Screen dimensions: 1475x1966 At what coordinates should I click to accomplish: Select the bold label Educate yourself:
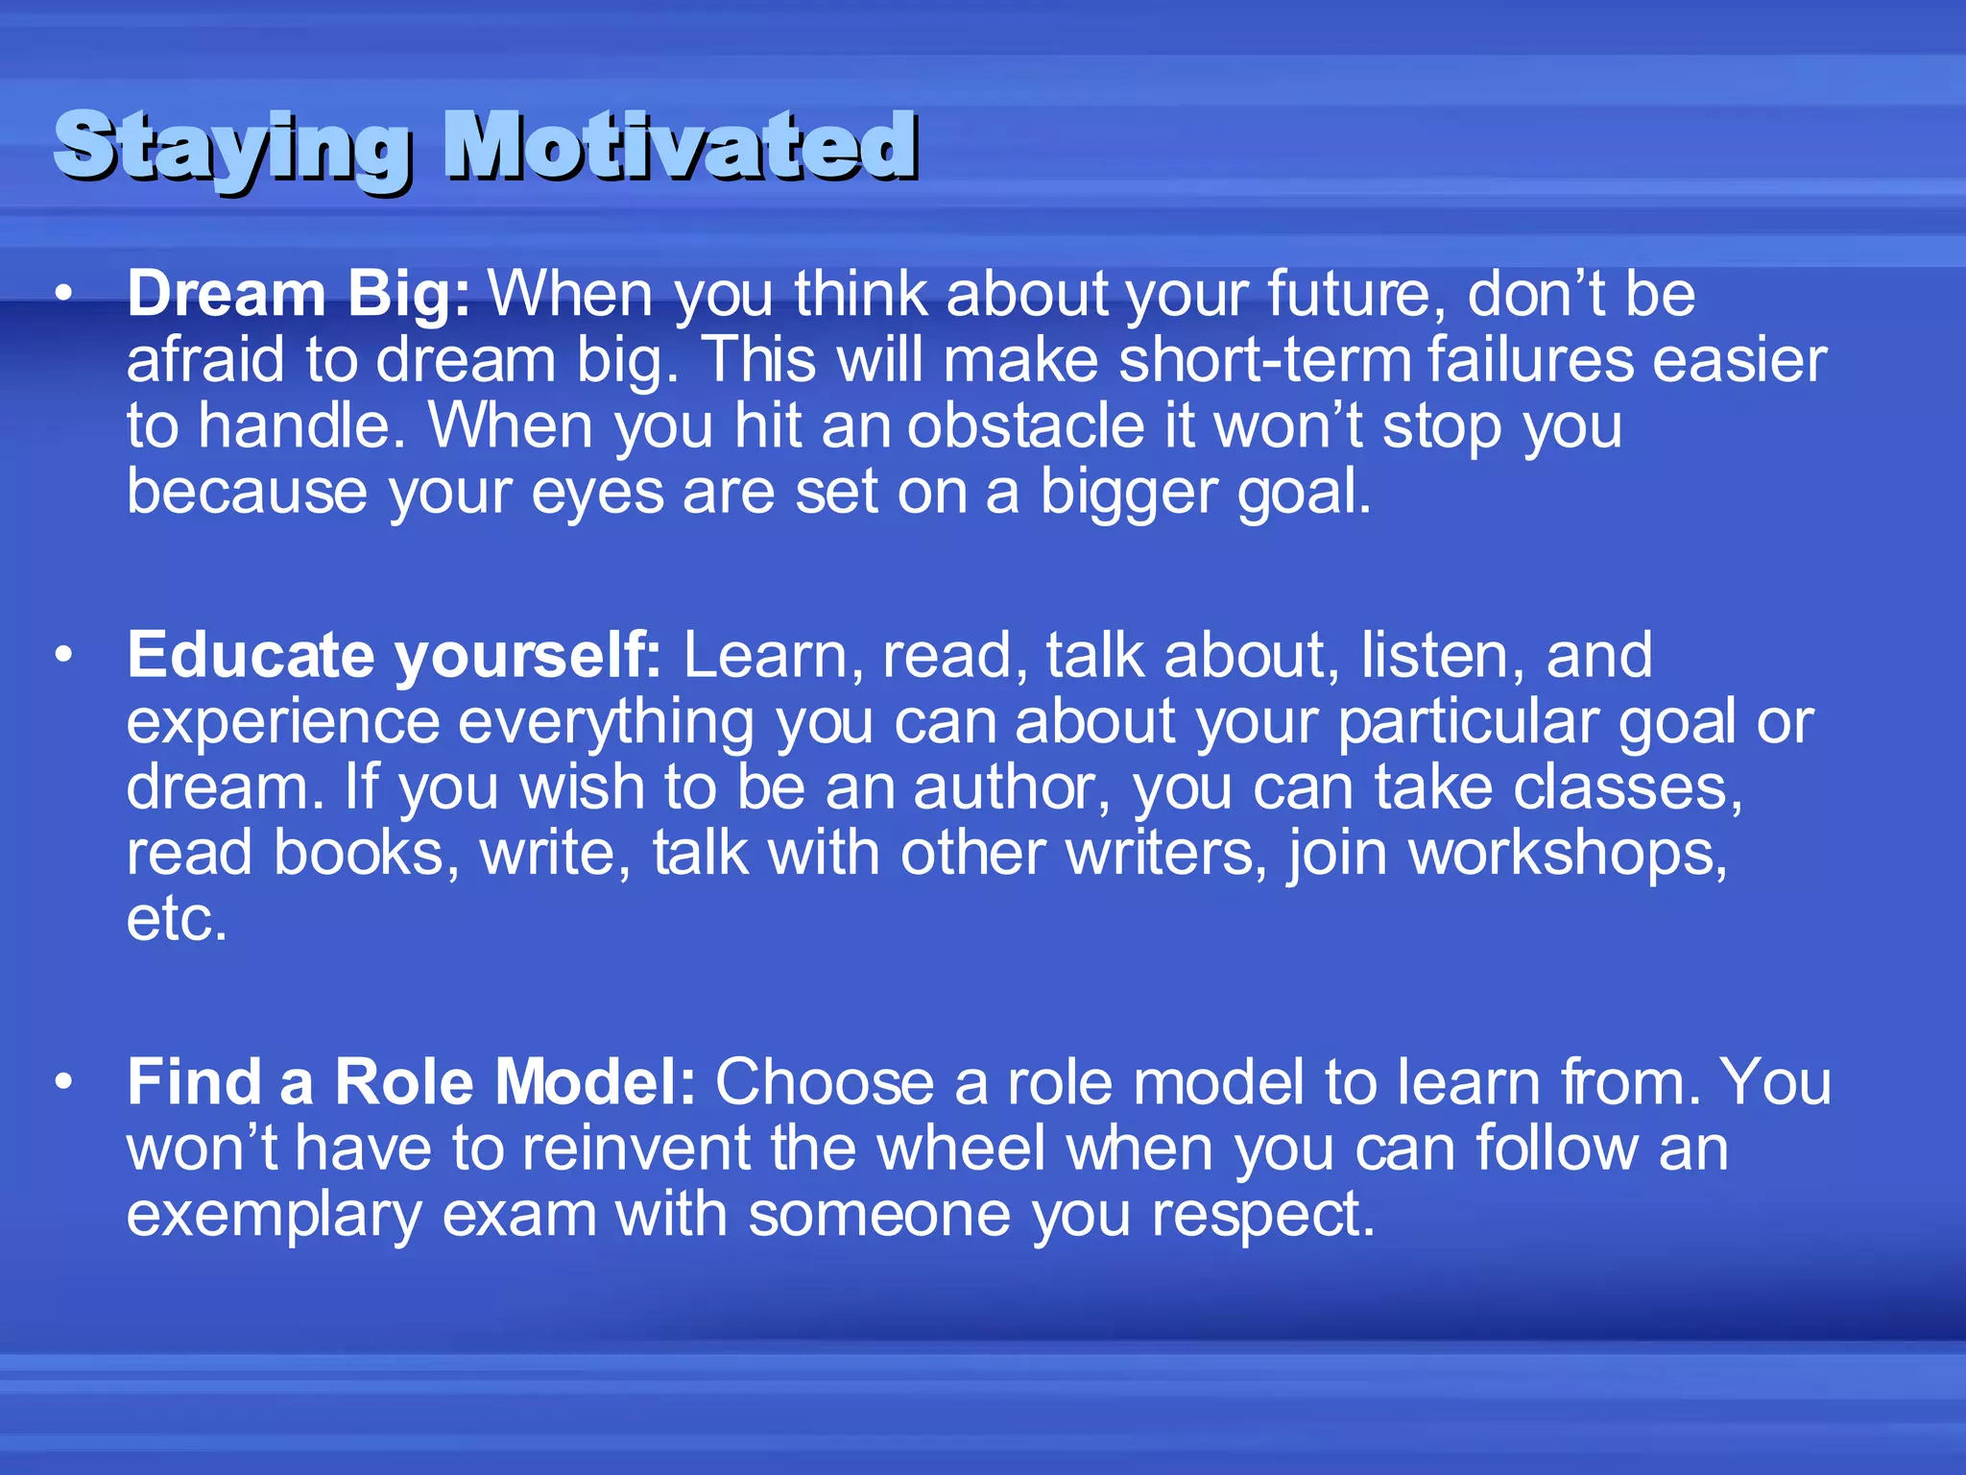(394, 656)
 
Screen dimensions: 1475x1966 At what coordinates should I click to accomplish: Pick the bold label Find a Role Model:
(411, 1082)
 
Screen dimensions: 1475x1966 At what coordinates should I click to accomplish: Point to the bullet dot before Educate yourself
(63, 656)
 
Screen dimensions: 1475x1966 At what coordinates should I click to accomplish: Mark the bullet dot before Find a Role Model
(63, 1082)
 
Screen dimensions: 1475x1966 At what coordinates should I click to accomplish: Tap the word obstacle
(1025, 426)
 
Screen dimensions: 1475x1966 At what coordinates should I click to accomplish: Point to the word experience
(282, 722)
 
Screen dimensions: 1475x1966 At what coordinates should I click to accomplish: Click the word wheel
(961, 1149)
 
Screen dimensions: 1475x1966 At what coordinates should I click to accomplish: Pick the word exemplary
(274, 1216)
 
